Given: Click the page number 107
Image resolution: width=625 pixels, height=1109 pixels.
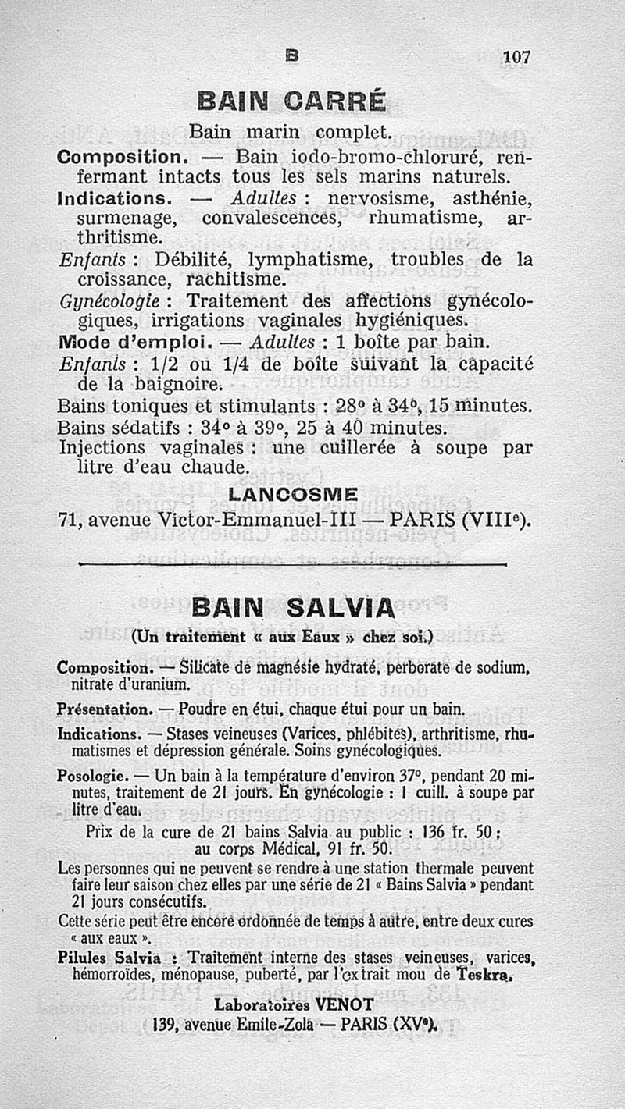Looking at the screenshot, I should (516, 56).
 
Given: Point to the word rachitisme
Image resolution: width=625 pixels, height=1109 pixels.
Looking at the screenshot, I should (235, 279).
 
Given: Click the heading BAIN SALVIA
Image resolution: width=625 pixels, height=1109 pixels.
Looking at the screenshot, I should (293, 606).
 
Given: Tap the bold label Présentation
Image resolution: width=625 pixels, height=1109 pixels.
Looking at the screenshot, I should (105, 709).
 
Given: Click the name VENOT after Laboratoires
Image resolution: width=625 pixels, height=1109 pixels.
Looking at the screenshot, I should (348, 1004).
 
